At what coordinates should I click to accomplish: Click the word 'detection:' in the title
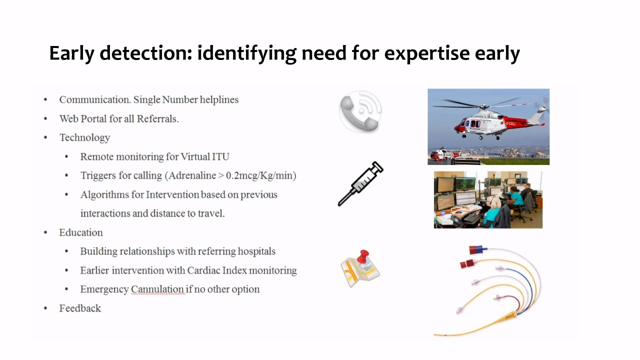point(145,53)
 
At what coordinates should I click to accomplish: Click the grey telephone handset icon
point(359,113)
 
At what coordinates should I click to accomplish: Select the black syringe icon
point(360,183)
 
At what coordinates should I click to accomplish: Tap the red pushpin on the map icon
point(363,256)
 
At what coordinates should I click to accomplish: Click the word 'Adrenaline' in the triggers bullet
point(192,175)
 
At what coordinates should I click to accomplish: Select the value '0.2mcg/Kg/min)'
point(261,175)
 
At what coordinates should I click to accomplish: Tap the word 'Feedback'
point(80,308)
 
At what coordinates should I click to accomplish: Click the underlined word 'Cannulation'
point(157,289)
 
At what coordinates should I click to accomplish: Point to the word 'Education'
point(81,232)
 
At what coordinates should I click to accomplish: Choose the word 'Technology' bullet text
point(84,137)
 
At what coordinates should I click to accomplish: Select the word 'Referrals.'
point(157,118)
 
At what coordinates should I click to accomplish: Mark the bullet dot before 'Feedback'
point(45,308)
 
